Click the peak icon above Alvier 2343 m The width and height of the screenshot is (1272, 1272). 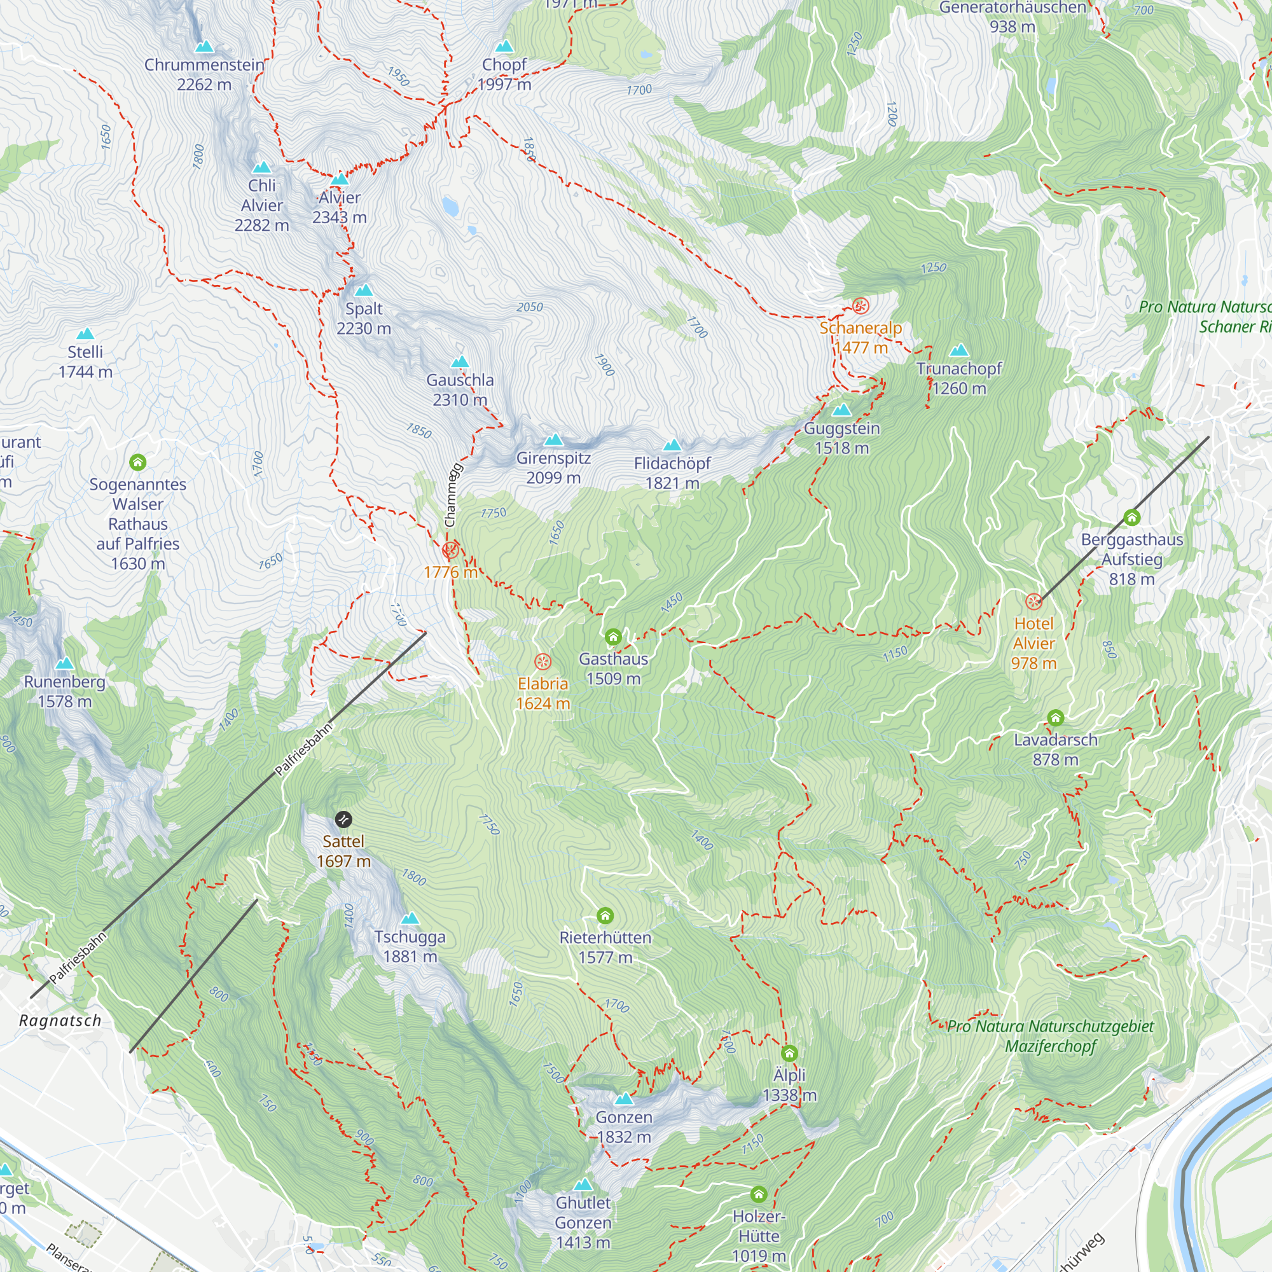click(x=339, y=179)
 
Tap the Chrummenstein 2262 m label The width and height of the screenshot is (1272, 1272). click(x=204, y=74)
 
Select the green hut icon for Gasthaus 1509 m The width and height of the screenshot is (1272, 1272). click(x=613, y=637)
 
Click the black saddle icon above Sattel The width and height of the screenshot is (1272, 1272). click(x=343, y=820)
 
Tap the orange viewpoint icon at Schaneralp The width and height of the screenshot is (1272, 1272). click(x=861, y=305)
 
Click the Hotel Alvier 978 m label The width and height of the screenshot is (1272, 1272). click(x=1033, y=643)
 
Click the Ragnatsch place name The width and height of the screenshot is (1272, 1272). click(x=60, y=1021)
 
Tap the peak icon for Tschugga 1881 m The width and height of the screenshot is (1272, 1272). click(x=410, y=918)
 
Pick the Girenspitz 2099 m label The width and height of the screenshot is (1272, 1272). click(x=553, y=467)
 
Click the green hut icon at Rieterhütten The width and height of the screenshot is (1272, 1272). click(x=605, y=916)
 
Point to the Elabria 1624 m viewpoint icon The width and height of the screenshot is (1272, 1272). click(x=543, y=661)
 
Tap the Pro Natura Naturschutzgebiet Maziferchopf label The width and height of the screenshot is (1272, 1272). click(x=1050, y=1036)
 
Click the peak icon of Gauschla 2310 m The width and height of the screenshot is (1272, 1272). click(x=460, y=362)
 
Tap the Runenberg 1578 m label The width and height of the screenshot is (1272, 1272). click(x=64, y=691)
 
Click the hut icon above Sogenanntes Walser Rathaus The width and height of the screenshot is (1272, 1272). click(x=137, y=462)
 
